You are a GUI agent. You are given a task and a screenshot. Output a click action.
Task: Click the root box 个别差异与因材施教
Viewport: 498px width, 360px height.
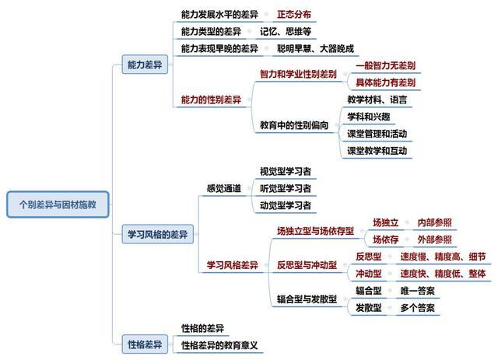(58, 204)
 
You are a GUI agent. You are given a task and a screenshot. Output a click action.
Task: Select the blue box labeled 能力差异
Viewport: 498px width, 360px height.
(145, 65)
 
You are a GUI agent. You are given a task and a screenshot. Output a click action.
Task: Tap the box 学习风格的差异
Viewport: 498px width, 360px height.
(157, 234)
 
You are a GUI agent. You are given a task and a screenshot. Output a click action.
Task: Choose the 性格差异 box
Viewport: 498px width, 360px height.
(145, 344)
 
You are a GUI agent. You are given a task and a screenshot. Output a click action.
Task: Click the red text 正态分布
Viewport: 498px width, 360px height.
(294, 14)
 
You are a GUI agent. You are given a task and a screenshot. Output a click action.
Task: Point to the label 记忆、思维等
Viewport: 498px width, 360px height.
(286, 31)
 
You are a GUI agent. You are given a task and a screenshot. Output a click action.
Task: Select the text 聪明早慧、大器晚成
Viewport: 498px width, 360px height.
(315, 48)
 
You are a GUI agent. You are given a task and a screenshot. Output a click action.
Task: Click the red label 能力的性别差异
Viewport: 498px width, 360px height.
(211, 100)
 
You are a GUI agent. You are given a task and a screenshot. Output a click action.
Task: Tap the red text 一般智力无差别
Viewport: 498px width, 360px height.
(385, 66)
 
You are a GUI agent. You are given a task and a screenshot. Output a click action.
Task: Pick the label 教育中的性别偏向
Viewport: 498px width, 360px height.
(294, 125)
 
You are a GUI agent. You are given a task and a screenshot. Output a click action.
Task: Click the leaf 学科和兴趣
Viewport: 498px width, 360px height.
(368, 117)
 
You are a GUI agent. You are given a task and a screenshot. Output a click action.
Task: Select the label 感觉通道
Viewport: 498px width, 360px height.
(223, 188)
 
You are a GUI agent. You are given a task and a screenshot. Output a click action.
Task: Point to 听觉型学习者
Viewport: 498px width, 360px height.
(286, 188)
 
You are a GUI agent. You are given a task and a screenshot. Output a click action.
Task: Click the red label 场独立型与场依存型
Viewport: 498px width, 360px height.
(315, 231)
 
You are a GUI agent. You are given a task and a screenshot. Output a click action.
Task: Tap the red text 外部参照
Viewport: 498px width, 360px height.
(434, 239)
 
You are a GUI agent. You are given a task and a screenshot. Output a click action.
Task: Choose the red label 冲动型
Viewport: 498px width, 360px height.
(368, 274)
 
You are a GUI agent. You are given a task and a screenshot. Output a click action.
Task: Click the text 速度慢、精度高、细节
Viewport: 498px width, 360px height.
(443, 257)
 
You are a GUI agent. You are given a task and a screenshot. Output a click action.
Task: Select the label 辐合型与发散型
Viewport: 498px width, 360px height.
(307, 299)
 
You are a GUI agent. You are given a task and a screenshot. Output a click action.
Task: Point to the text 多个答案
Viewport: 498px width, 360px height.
(417, 308)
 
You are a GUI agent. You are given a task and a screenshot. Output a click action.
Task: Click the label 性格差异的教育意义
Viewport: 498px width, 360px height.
(219, 345)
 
